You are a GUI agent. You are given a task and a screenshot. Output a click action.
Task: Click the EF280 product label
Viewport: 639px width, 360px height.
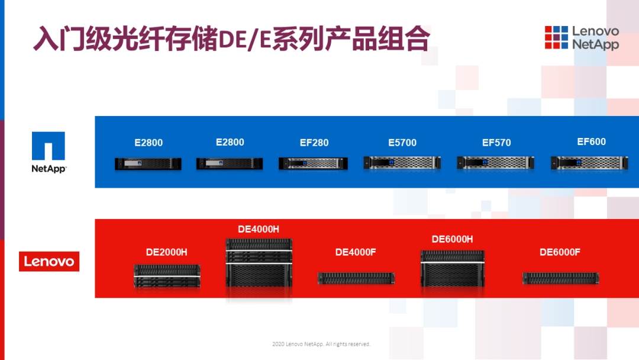(x=314, y=143)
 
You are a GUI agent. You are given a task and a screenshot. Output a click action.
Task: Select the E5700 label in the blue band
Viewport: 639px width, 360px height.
(x=402, y=143)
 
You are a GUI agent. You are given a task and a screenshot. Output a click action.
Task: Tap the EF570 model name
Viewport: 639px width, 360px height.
(x=496, y=143)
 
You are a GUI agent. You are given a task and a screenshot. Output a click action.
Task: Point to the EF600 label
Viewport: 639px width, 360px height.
(x=591, y=142)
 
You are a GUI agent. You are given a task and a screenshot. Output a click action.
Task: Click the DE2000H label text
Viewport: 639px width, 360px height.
(x=167, y=252)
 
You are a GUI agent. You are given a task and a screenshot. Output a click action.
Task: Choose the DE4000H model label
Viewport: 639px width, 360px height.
(x=259, y=229)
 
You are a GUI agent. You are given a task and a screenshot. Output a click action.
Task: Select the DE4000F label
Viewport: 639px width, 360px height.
(x=356, y=252)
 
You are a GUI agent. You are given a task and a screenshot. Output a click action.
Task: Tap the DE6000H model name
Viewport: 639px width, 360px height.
(x=453, y=239)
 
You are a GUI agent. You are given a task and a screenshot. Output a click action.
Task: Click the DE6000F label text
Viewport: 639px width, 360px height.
(x=560, y=252)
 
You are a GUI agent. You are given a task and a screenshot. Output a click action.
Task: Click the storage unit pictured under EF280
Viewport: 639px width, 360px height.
(x=313, y=163)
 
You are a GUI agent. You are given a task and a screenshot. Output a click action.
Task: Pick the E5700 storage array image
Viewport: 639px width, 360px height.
(x=402, y=163)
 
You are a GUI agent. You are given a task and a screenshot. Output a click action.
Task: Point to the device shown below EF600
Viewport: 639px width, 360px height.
(x=589, y=163)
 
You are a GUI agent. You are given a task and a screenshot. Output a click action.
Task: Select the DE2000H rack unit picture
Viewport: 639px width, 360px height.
(x=167, y=275)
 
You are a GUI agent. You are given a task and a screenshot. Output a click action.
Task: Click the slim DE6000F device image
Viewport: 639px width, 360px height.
(x=561, y=278)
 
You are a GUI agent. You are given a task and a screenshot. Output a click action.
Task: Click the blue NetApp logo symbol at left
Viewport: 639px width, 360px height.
(x=49, y=146)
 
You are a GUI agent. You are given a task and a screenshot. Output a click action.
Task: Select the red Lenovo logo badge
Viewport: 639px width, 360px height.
(x=49, y=261)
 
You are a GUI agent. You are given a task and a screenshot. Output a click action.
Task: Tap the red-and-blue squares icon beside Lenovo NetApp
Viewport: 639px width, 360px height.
(x=556, y=37)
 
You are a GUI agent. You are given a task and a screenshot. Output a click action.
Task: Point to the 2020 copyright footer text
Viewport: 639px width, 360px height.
(x=321, y=344)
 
